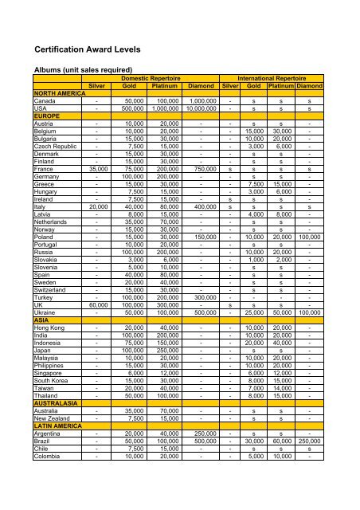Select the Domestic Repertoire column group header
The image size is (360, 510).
pyautogui.click(x=151, y=79)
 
